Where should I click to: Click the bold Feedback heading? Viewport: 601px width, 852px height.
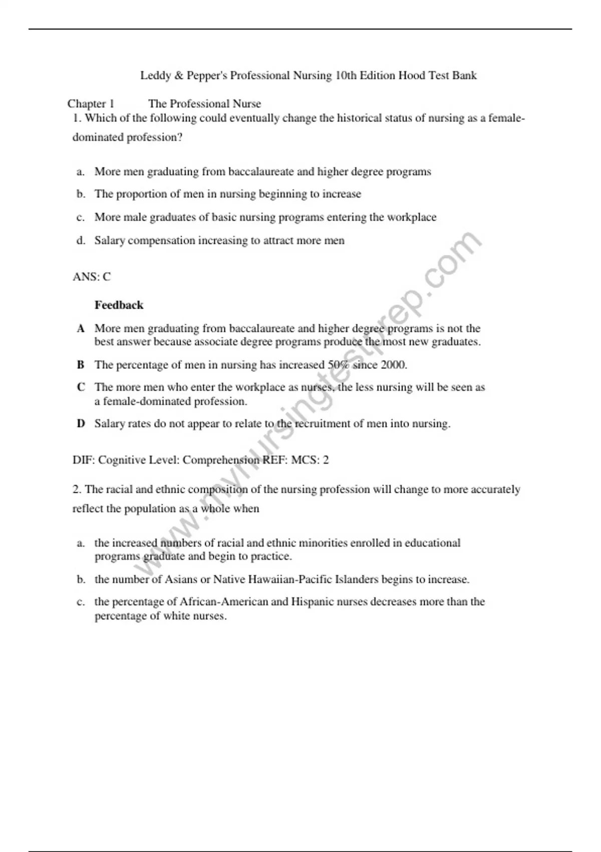click(119, 305)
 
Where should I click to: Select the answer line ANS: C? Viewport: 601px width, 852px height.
click(92, 277)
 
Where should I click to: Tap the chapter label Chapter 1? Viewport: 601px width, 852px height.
click(91, 104)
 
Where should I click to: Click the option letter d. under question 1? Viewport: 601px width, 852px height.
click(81, 241)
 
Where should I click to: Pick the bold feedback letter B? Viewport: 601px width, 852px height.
click(81, 365)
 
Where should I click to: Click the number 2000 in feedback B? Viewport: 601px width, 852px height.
click(393, 365)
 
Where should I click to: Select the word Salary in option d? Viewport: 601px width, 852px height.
click(110, 241)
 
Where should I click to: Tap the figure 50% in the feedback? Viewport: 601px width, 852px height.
click(339, 365)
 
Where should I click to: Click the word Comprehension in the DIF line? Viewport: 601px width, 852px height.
click(221, 460)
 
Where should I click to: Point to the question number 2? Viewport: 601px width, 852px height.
click(77, 489)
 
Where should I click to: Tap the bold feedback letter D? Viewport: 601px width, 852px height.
click(81, 424)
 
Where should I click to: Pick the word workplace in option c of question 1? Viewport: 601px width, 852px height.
click(411, 218)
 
